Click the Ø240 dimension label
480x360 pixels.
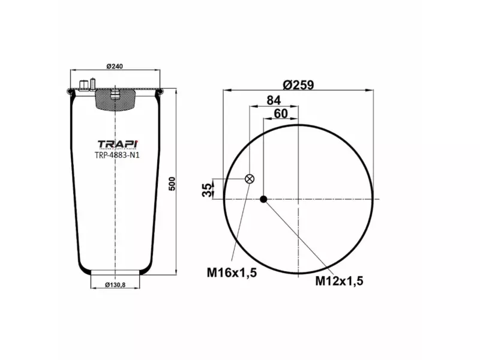click(115, 65)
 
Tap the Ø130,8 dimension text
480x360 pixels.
click(116, 284)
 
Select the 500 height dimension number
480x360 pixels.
click(172, 184)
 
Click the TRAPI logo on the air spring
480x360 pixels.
click(117, 144)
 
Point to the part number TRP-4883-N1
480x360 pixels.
click(117, 155)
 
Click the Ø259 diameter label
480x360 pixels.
click(300, 85)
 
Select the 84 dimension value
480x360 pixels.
click(274, 100)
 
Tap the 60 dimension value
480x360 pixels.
click(281, 113)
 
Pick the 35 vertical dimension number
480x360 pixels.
click(208, 190)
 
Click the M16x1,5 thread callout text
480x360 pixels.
click(232, 273)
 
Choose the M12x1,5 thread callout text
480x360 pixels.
click(340, 280)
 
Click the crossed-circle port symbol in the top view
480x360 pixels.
click(250, 179)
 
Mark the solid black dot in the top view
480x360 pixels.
click(263, 199)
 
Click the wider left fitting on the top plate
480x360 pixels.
click(82, 83)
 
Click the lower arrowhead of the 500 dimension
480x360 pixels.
click(176, 272)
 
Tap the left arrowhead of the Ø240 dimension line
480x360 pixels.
click(73, 71)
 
